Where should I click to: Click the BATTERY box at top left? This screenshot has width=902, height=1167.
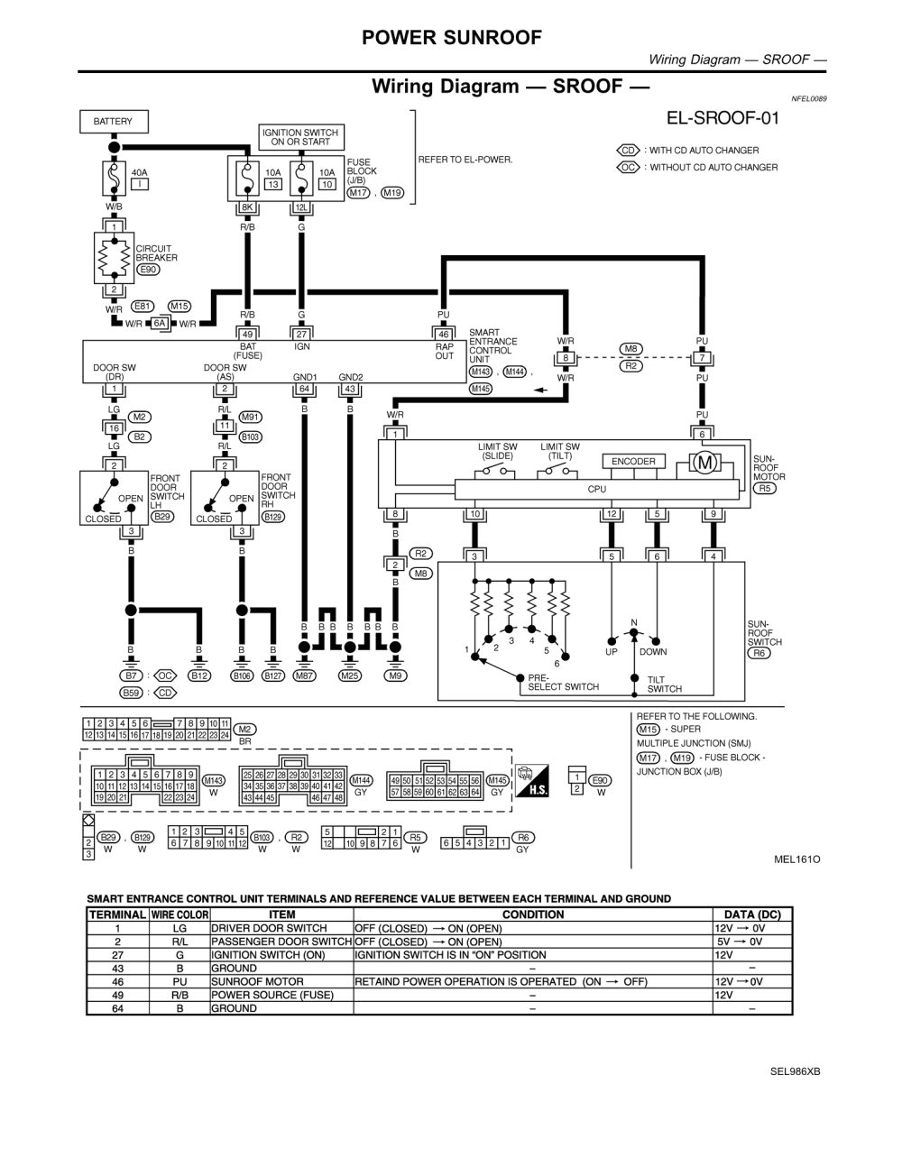pos(113,122)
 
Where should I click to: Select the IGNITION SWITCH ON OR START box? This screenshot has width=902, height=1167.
pos(300,137)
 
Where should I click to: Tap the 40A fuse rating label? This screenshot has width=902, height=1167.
pos(140,172)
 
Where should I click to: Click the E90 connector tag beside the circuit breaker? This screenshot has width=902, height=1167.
pos(147,269)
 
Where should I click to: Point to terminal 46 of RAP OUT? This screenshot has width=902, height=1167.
pos(443,335)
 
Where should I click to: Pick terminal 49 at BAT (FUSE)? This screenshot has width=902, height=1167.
pos(247,335)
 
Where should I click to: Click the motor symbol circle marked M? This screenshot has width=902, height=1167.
pos(705,463)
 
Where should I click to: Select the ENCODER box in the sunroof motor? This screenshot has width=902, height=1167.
pos(633,462)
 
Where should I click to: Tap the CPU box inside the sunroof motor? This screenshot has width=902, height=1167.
pos(596,489)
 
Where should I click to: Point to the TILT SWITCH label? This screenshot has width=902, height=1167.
pos(664,685)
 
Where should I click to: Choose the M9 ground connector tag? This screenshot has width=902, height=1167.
pos(395,675)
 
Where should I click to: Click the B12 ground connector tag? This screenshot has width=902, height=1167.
pos(198,675)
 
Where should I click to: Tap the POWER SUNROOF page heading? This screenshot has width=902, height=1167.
pos(452,37)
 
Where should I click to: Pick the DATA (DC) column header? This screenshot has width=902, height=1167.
pos(752,914)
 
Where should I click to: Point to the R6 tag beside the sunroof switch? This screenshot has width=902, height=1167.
pos(760,652)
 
